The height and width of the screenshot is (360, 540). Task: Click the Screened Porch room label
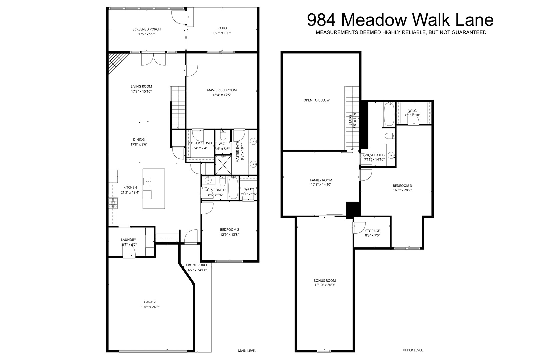tap(147, 29)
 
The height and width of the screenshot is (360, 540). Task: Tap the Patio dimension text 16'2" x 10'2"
tap(222, 33)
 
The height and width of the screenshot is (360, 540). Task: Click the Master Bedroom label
tap(222, 90)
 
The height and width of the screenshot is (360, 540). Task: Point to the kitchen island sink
tap(147, 181)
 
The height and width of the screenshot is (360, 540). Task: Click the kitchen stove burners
tap(113, 203)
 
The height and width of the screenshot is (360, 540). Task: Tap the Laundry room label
tap(128, 240)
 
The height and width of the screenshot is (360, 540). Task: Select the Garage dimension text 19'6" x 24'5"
tap(150, 307)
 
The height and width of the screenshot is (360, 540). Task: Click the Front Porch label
tap(197, 265)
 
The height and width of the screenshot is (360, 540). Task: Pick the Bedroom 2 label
tap(229, 230)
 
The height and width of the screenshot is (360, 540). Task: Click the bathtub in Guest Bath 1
tap(233, 188)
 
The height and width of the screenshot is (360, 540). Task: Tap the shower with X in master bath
tap(223, 165)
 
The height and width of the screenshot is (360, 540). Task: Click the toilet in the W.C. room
tap(223, 136)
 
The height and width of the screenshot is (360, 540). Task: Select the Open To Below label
tap(316, 100)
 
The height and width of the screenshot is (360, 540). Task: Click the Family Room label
tap(321, 180)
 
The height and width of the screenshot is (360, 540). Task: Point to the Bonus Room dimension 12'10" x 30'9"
tap(324, 285)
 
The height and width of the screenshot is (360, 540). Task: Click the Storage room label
tap(372, 231)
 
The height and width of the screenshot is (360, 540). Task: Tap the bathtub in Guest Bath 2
tap(389, 114)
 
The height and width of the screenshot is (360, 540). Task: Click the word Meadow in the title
tap(374, 20)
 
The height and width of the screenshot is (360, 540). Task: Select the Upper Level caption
tap(413, 350)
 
